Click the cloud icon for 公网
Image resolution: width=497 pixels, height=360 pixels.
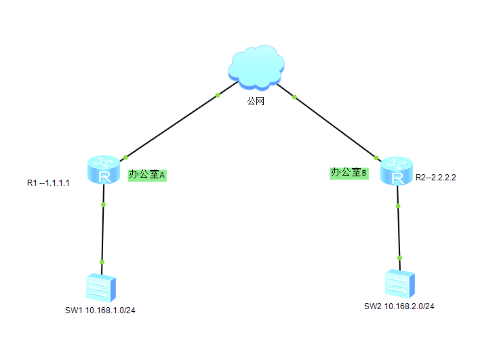(256, 66)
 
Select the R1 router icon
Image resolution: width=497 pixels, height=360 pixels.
(103, 170)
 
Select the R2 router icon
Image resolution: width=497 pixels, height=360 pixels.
(396, 171)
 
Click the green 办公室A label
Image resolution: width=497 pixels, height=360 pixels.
(147, 175)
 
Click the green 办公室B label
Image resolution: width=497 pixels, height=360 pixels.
(349, 174)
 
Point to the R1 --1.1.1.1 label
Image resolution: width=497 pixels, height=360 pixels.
(49, 183)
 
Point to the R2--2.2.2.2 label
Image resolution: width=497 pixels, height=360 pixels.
(435, 178)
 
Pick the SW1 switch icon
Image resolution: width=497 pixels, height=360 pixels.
(102, 287)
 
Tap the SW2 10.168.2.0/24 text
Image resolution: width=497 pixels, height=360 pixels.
(399, 306)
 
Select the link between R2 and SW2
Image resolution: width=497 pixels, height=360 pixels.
(398, 231)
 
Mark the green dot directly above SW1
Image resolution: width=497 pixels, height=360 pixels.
(102, 261)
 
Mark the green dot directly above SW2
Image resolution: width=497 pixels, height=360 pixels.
(399, 258)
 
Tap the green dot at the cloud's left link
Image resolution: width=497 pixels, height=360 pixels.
(218, 95)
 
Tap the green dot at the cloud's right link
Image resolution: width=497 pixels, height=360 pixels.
(294, 97)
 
